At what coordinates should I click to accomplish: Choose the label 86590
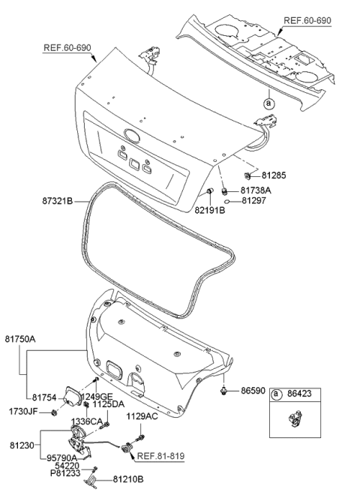pos(254,391)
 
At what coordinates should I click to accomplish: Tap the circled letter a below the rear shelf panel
pos(268,103)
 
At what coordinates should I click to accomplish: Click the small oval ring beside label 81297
pos(227,202)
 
